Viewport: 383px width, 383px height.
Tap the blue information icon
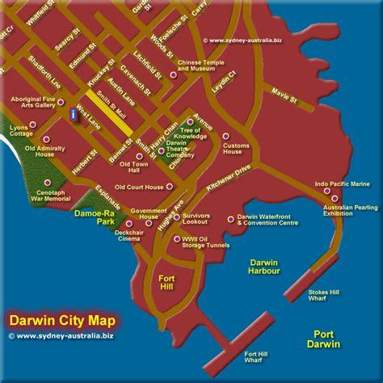pos(74,115)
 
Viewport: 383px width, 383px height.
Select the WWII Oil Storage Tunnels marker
pos(177,238)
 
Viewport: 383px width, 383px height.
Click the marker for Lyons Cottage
pos(32,124)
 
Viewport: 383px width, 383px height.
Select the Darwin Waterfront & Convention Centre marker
pos(231,218)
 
